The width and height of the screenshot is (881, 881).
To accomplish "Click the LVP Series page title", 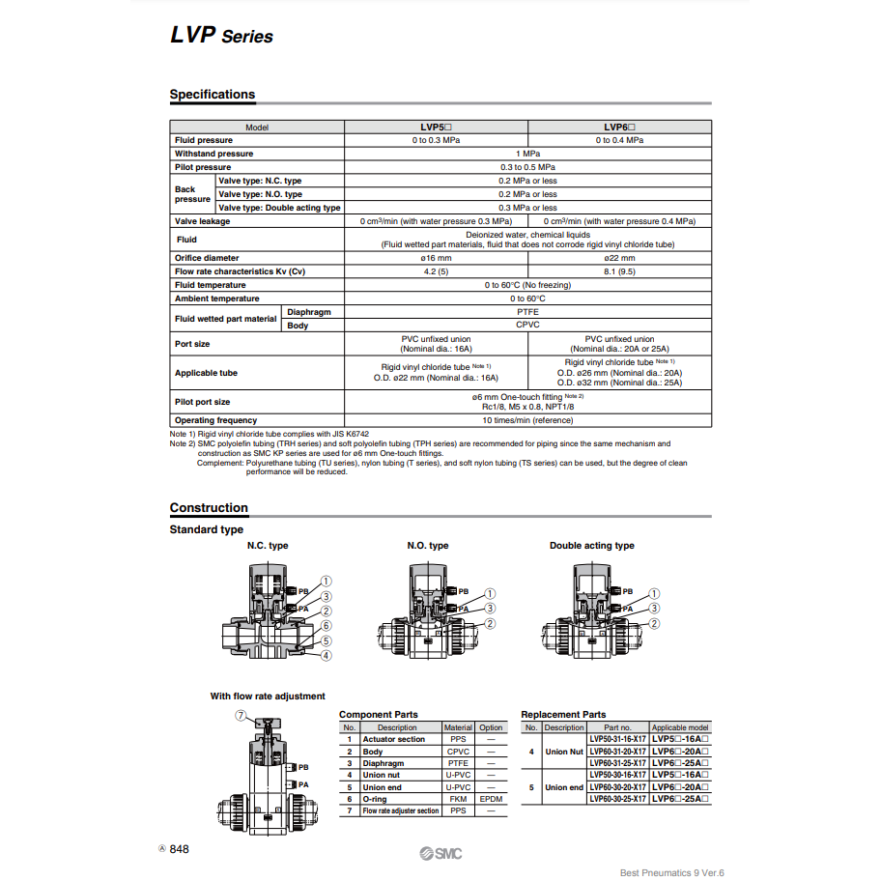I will coord(221,36).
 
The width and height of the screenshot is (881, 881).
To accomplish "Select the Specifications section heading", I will coord(213,95).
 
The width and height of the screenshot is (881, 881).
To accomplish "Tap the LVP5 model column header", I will coord(436,127).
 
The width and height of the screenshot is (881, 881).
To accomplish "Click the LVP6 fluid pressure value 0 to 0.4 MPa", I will coord(619,140).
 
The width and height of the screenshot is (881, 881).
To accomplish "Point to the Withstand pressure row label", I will coord(214,154).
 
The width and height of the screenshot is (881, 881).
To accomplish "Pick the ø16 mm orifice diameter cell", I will coord(436,258).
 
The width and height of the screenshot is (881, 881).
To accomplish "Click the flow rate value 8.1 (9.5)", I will coord(619,271).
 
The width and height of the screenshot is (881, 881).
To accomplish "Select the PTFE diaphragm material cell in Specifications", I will coord(527,312).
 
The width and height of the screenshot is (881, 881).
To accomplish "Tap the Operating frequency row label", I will coord(215,420).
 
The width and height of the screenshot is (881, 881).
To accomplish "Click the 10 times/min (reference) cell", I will coord(527,420).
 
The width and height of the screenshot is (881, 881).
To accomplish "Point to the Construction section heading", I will coord(209,508).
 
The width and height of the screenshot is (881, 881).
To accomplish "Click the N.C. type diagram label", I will coord(268,546).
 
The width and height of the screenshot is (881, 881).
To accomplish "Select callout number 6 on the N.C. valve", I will coord(327,625).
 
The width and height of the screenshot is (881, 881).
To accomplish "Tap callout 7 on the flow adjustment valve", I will coord(241,716).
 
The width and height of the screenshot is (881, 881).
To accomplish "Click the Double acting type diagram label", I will coord(592,546).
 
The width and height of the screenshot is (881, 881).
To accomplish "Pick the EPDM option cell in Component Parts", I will coord(491,799).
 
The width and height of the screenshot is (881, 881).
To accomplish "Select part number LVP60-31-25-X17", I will coord(617,763).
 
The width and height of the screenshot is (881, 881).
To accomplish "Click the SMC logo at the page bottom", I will coord(440,852).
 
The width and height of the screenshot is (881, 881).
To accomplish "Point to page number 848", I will coord(180,849).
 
